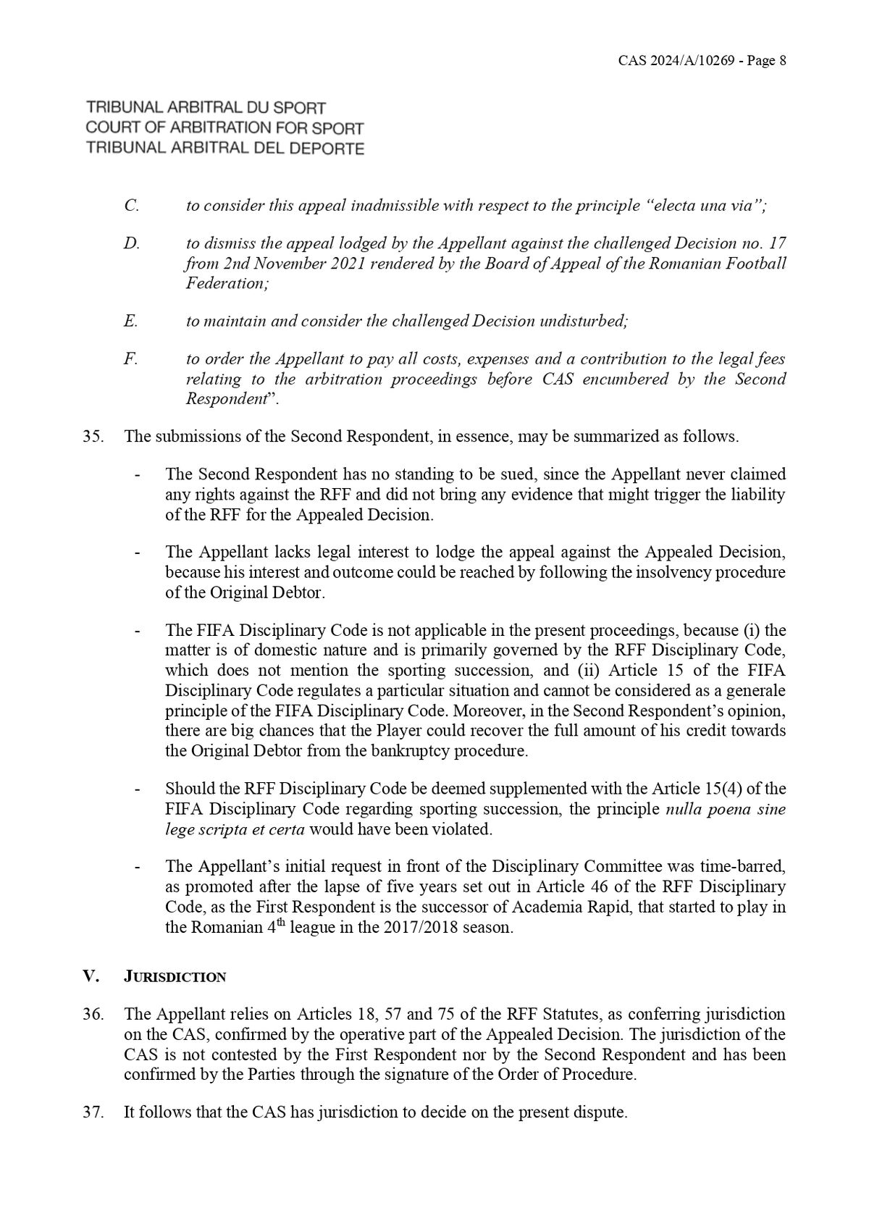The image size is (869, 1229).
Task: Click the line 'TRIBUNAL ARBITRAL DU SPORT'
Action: [x=206, y=108]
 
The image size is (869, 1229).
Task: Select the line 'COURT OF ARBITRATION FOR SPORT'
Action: [x=224, y=128]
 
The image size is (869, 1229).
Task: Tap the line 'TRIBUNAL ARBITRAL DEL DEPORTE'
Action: [x=224, y=148]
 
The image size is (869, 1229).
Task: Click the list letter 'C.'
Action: [x=131, y=206]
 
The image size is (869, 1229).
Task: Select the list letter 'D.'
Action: [x=131, y=244]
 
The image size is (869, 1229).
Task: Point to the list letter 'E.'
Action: [x=130, y=321]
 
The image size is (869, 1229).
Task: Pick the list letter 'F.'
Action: [x=130, y=359]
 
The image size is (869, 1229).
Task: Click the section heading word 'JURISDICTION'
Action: [x=175, y=977]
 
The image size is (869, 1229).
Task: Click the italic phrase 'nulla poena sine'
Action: [x=725, y=809]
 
